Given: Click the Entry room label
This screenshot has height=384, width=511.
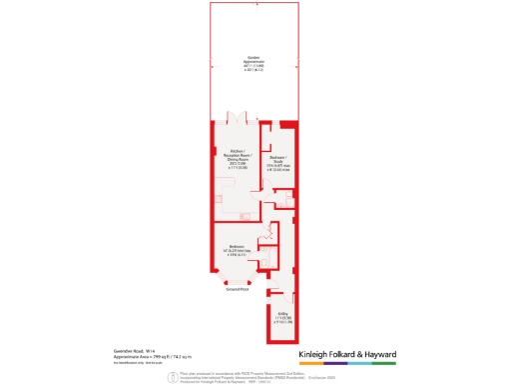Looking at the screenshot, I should (x=282, y=319).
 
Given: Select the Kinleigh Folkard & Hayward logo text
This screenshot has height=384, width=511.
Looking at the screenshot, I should (x=347, y=355).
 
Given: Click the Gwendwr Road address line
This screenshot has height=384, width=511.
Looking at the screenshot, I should (x=134, y=349).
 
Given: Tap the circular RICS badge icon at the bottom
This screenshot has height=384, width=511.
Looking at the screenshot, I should (x=172, y=376).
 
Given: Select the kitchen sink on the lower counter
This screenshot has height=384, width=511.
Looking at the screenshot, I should (x=246, y=215).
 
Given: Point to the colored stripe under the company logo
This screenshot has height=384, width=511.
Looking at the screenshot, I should (x=347, y=364).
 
